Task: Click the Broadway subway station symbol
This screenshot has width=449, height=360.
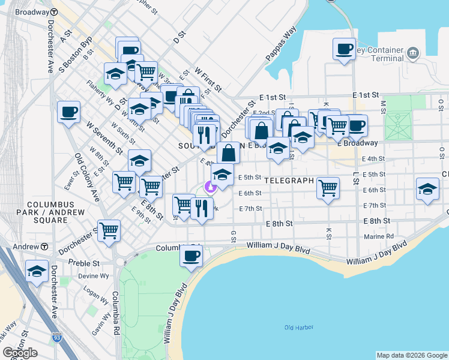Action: tap(54, 12)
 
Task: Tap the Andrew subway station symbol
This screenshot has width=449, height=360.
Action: tap(45, 247)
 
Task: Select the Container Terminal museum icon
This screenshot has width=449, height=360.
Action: tap(412, 54)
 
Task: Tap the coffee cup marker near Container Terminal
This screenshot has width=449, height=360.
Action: tap(345, 49)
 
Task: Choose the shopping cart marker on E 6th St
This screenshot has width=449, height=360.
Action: tap(328, 188)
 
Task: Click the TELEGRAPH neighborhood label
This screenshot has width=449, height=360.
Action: tap(289, 180)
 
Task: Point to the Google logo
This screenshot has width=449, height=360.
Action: tap(20, 353)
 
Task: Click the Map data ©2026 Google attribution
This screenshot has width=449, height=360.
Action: tap(411, 355)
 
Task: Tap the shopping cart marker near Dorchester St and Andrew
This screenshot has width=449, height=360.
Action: tap(109, 230)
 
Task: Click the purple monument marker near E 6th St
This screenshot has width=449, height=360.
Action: tap(210, 187)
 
